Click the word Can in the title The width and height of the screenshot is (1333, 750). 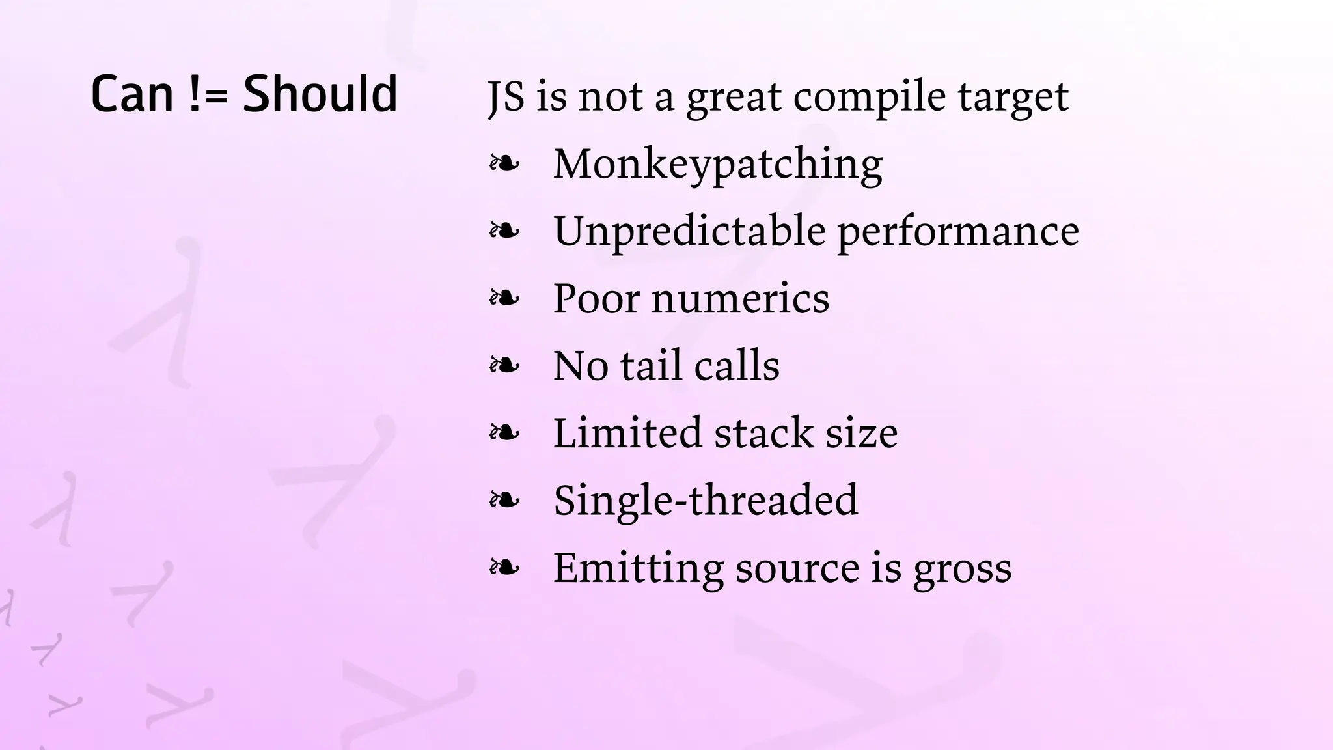tap(132, 94)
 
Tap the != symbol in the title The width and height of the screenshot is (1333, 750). tap(210, 94)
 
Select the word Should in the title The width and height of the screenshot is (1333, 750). tap(320, 94)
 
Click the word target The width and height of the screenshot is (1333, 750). tap(1013, 98)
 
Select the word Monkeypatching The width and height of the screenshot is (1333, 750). tap(718, 164)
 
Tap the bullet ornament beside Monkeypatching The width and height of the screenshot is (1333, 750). tap(504, 164)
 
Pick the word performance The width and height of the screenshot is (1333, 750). tap(958, 233)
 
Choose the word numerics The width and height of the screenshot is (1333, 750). tap(741, 299)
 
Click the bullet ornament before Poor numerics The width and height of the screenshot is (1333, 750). tap(504, 298)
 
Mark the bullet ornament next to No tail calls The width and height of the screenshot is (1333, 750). tap(504, 365)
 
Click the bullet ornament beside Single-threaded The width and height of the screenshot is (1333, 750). tap(504, 500)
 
